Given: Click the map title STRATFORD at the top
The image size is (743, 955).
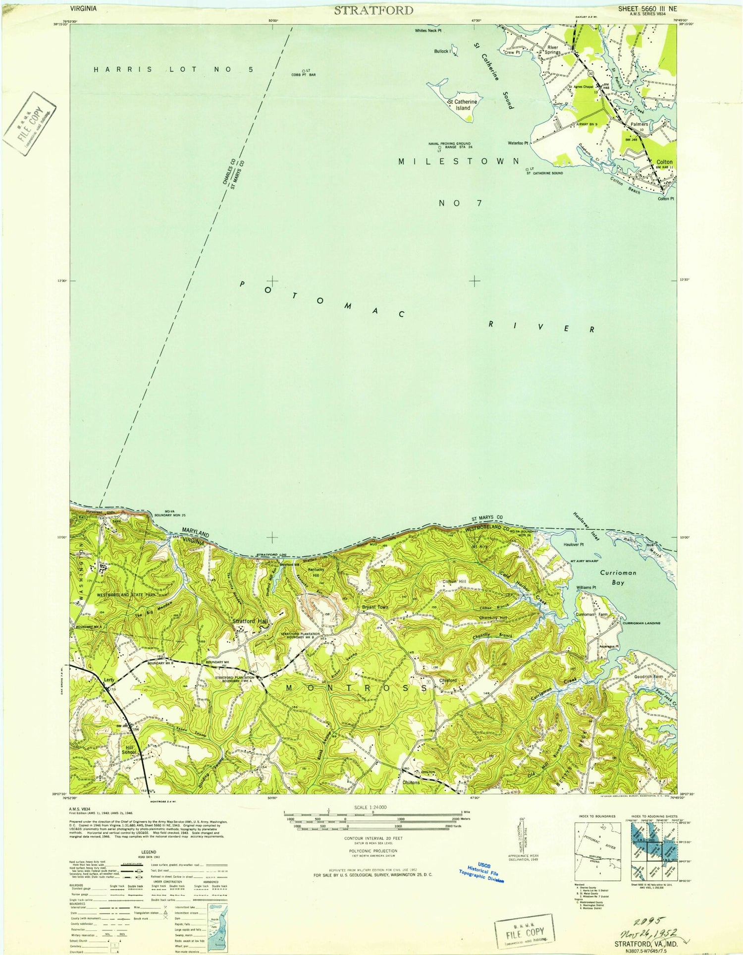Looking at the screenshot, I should coord(373,10).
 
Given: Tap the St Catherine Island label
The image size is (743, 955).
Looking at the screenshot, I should coord(463,105).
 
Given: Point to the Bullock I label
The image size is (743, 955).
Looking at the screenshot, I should coord(443,52).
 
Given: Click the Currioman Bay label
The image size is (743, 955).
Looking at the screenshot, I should coord(618,577).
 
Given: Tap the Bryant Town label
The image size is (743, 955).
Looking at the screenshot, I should coord(375,607).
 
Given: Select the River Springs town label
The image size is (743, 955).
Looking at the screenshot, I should coord(554,50).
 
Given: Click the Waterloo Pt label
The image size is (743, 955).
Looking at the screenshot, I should coord(518,143).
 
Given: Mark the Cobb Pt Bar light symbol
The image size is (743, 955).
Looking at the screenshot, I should coord(304,71).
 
